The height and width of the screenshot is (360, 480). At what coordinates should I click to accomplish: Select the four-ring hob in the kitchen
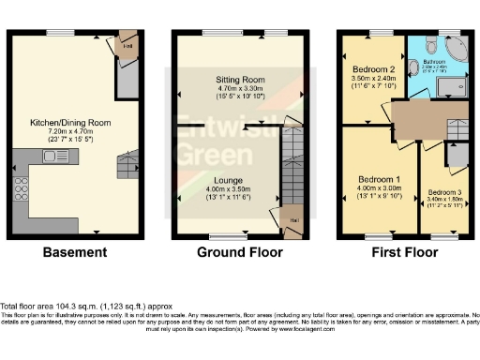pyautogui.click(x=20, y=197)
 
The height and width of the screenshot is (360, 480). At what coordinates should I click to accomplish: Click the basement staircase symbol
pyautogui.click(x=125, y=167)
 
